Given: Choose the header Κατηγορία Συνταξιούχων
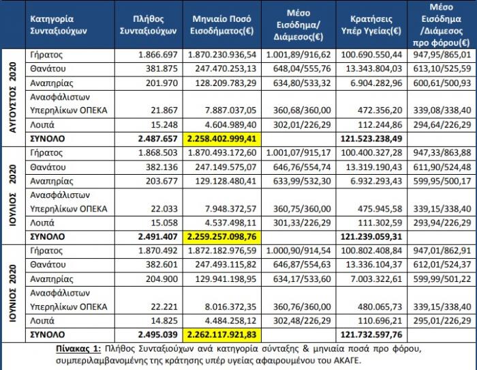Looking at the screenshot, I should (53, 25).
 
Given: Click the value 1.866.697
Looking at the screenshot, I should (158, 54).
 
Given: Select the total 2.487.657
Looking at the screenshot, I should (158, 139).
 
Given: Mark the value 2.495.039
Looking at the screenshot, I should (158, 335).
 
